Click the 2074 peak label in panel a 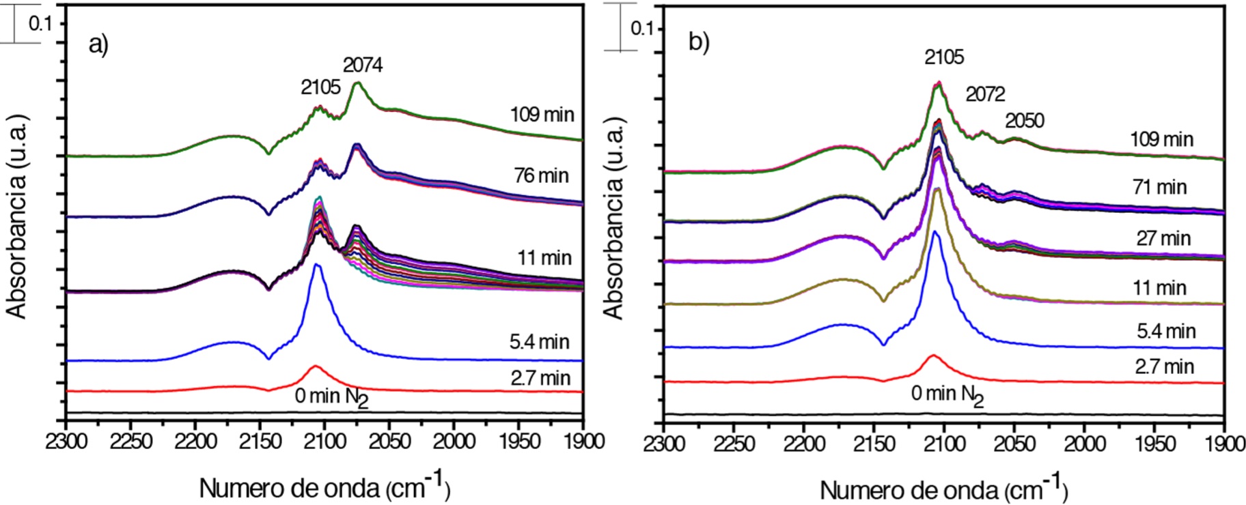tap(363, 65)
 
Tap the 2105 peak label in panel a tap(320, 87)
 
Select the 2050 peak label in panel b tap(1024, 121)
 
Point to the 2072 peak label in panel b tap(985, 94)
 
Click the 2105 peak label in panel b tap(944, 57)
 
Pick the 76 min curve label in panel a tap(541, 175)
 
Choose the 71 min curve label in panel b tap(1159, 186)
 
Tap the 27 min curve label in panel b tap(1163, 238)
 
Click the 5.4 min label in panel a tap(539, 341)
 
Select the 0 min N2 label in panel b tap(947, 394)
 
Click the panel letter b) tap(699, 42)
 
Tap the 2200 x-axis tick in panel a tap(195, 442)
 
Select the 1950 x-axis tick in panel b tap(1154, 444)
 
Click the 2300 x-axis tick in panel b tap(664, 444)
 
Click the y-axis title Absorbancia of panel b tap(613, 218)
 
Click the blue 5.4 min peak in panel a tap(316, 265)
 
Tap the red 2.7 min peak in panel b tap(932, 356)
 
